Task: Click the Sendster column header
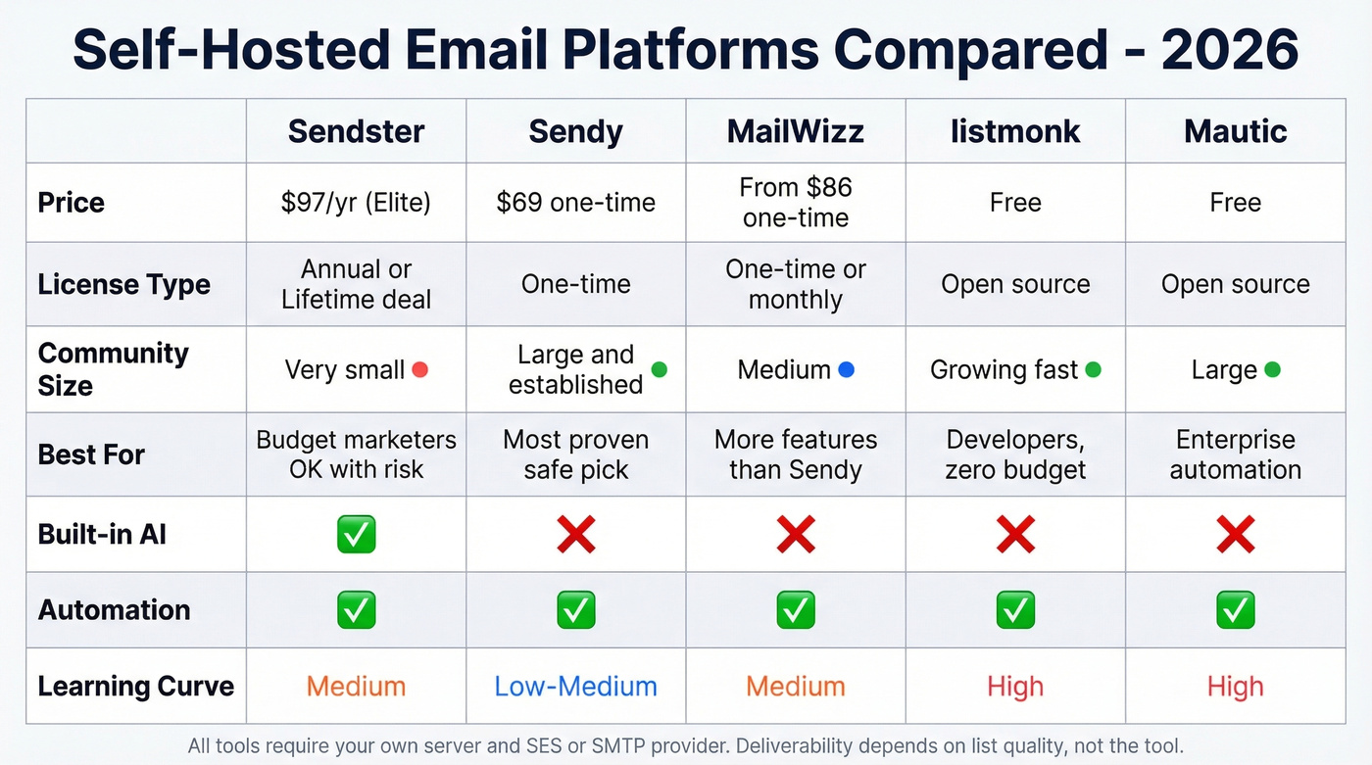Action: coord(356,131)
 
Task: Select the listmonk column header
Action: coord(1015,131)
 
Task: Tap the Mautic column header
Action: coord(1235,131)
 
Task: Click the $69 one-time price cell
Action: coord(575,203)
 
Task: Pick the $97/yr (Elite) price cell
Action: coord(356,203)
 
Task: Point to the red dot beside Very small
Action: coord(420,369)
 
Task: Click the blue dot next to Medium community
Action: coord(847,369)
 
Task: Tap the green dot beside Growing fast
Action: coord(1094,369)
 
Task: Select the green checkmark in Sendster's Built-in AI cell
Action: coord(356,535)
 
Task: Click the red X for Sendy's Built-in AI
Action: coord(575,535)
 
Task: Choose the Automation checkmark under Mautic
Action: coord(1235,610)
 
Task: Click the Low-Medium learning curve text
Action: coord(575,687)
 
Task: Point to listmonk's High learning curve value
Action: coord(1015,687)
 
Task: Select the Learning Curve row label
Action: coord(135,687)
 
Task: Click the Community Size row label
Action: coord(113,369)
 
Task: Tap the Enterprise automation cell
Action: coord(1235,454)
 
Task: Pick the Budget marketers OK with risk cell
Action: coord(356,454)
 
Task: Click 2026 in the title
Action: coord(1230,49)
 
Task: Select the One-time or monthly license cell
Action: coord(795,284)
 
